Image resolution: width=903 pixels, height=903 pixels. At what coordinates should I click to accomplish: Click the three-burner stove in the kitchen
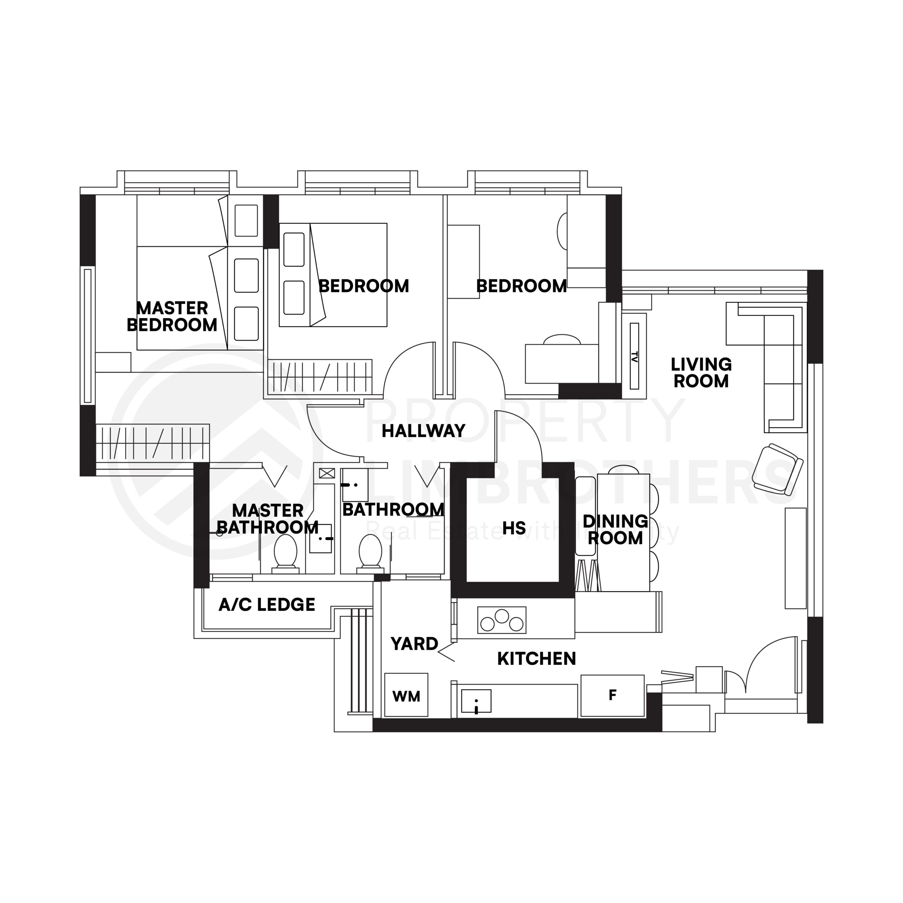point(502,620)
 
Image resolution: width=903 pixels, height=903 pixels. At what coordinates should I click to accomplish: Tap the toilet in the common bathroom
point(370,552)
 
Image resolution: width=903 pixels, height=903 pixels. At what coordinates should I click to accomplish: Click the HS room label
point(514,528)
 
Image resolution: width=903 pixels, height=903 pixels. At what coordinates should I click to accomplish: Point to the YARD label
point(414,644)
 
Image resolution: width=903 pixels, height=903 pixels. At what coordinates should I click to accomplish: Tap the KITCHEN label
point(537,659)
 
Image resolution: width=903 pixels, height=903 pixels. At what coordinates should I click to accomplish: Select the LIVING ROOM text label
point(701,372)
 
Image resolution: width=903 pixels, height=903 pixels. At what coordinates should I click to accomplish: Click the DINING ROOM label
point(615,529)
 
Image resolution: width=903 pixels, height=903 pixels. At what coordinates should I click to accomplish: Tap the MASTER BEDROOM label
point(172,316)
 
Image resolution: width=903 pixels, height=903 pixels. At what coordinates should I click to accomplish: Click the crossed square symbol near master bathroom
point(327,473)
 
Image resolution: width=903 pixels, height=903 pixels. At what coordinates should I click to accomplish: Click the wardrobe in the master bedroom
point(153,442)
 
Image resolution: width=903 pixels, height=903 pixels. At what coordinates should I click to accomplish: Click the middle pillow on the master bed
point(246,275)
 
